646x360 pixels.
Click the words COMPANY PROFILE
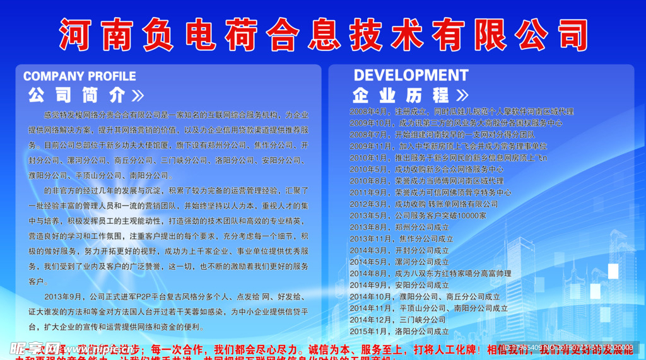tap(79, 76)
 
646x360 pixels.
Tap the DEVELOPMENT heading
tap(411, 76)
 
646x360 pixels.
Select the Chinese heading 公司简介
tap(77, 96)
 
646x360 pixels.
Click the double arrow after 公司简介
tap(137, 96)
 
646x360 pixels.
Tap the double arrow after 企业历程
tap(462, 96)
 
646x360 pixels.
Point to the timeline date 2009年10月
tap(371, 123)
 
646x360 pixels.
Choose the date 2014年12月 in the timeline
tap(371, 320)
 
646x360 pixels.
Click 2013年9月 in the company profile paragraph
tap(64, 297)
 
